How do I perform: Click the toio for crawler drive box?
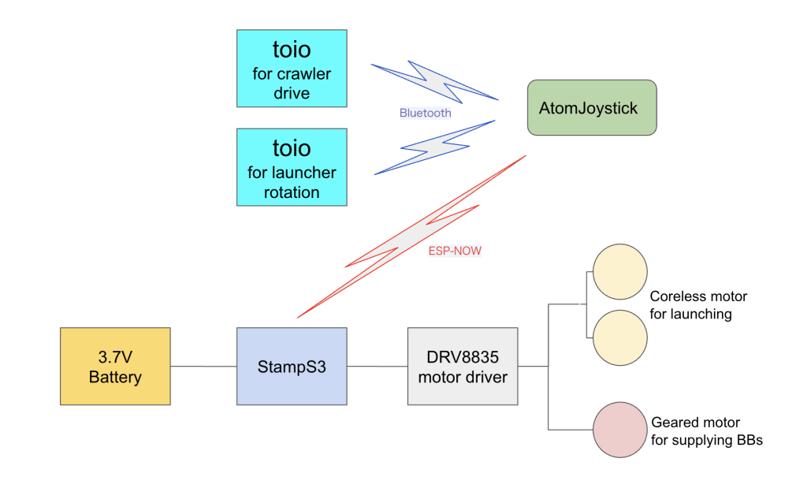(x=291, y=69)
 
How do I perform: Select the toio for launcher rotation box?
(x=291, y=167)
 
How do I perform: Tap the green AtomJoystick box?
(x=592, y=107)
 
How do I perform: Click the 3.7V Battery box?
(x=115, y=366)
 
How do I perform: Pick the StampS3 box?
(x=291, y=366)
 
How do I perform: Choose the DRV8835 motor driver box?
(x=463, y=366)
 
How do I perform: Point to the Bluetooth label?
(x=425, y=113)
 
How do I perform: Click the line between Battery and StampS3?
(x=203, y=366)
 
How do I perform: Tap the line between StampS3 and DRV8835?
(x=377, y=366)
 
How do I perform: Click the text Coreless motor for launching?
(x=698, y=305)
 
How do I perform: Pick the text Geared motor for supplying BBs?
(x=706, y=431)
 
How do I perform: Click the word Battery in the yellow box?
(x=115, y=377)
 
